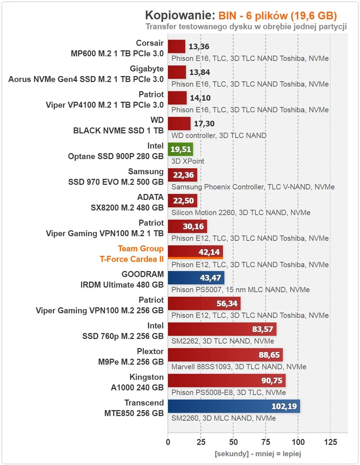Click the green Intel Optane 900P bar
180,149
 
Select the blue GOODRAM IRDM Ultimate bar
196,278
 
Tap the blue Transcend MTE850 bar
234,406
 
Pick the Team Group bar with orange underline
195,252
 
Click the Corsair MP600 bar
176,46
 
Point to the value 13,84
199,72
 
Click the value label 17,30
204,124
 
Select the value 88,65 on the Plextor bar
269,355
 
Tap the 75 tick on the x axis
266,442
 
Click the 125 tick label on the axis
330,442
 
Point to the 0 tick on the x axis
168,442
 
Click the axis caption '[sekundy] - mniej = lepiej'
258,453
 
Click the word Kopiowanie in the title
180,15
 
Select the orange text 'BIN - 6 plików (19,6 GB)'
278,16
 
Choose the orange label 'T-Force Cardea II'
132,259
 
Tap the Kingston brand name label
147,377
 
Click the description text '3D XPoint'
188,161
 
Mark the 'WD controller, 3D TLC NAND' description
219,136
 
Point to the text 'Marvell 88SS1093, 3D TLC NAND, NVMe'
239,367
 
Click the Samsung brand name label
146,171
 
